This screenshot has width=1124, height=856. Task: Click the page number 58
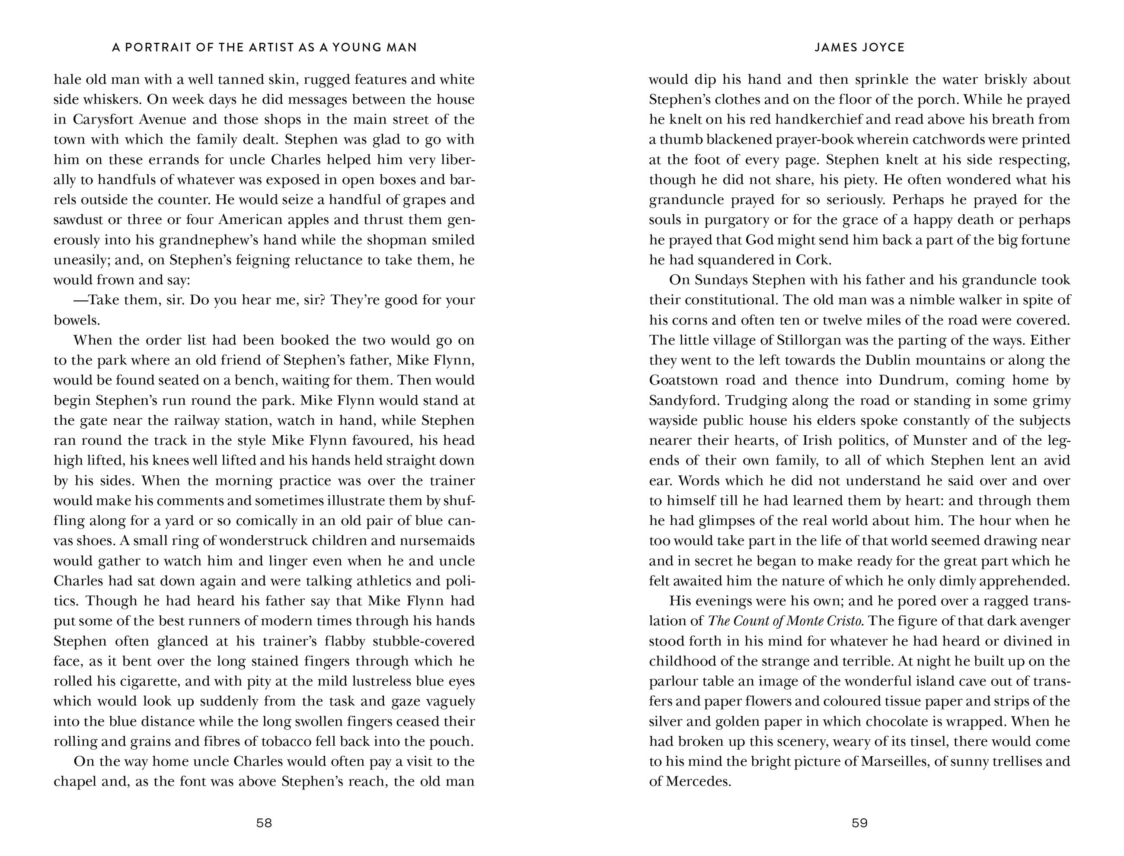264,822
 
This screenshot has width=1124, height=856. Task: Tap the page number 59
859,822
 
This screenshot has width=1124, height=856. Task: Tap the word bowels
77,320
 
